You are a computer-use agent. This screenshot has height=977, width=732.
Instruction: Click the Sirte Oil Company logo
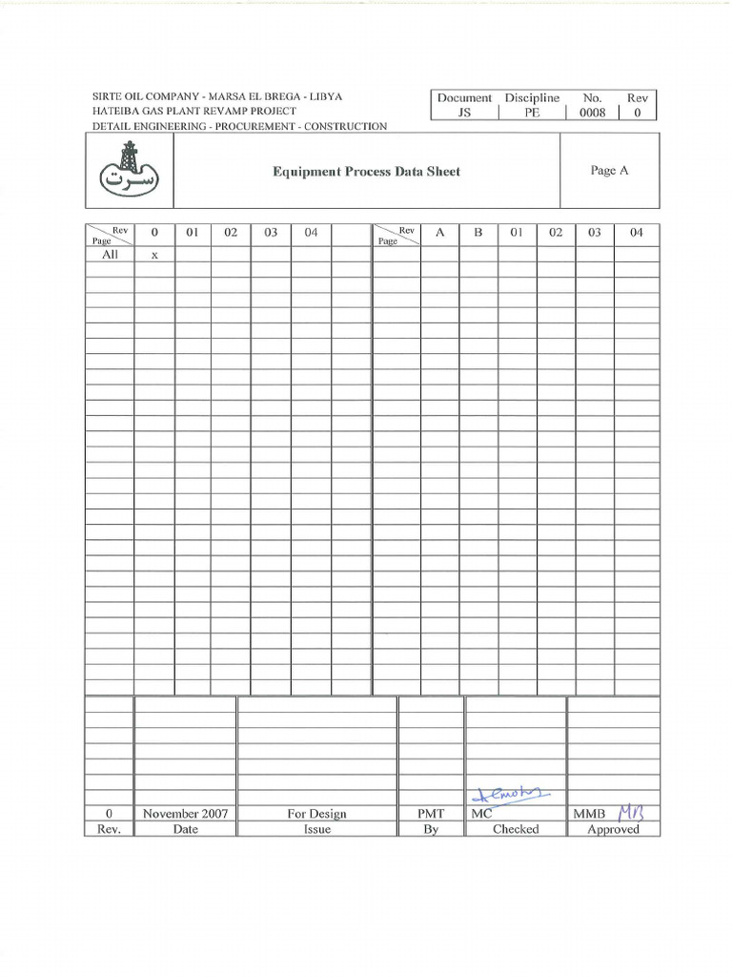(x=130, y=168)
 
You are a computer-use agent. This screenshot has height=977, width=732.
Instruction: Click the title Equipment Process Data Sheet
(x=366, y=172)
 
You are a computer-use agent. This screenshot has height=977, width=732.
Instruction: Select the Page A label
(x=609, y=171)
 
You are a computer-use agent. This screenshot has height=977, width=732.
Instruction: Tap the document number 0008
(x=592, y=113)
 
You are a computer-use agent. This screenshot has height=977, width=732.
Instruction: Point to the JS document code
(x=464, y=113)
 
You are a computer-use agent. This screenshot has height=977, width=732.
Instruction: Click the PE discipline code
(x=532, y=113)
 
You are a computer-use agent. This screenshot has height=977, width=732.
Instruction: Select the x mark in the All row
(x=153, y=256)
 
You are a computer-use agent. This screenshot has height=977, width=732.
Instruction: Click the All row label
(x=110, y=255)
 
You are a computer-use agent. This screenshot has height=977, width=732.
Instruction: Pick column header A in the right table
(x=439, y=233)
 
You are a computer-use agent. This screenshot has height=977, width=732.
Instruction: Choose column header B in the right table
(x=478, y=233)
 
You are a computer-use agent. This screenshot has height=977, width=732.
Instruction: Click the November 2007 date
(x=185, y=814)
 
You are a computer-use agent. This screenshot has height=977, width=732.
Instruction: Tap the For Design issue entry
(x=316, y=814)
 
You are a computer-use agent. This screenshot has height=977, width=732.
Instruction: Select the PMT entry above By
(x=431, y=814)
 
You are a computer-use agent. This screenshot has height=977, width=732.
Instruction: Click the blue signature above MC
(x=505, y=795)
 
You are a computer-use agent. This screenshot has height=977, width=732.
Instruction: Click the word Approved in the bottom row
(x=613, y=829)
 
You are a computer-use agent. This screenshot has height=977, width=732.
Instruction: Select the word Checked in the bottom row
(x=515, y=829)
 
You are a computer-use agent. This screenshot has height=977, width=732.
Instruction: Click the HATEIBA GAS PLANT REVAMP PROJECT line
(x=193, y=112)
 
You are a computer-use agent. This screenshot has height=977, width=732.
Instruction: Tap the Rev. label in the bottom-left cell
(x=109, y=829)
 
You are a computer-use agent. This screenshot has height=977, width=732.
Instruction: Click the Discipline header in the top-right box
(x=532, y=97)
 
